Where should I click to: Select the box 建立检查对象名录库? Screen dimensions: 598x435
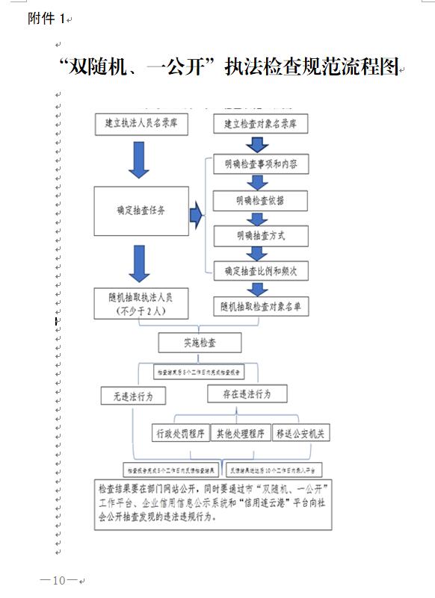260,123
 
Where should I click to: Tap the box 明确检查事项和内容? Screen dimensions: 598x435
260,163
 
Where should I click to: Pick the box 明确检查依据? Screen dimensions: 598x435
260,201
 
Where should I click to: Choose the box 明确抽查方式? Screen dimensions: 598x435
260,236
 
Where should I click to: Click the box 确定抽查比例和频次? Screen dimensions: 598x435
260,271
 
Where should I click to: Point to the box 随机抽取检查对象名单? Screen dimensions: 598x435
260,306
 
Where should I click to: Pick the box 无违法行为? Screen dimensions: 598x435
133,396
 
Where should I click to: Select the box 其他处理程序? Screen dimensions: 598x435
240,433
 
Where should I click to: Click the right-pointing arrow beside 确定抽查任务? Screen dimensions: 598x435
197,217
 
